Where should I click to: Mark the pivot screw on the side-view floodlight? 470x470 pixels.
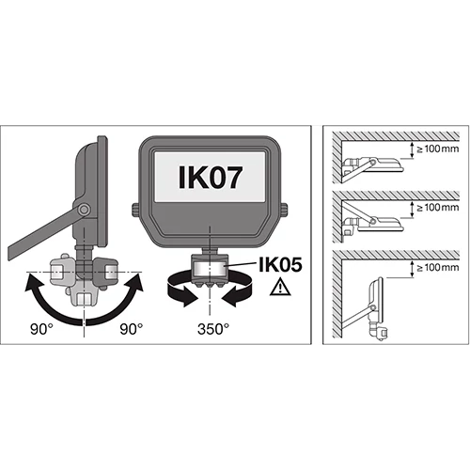(84, 209)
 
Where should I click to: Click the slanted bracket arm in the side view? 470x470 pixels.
(42, 233)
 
